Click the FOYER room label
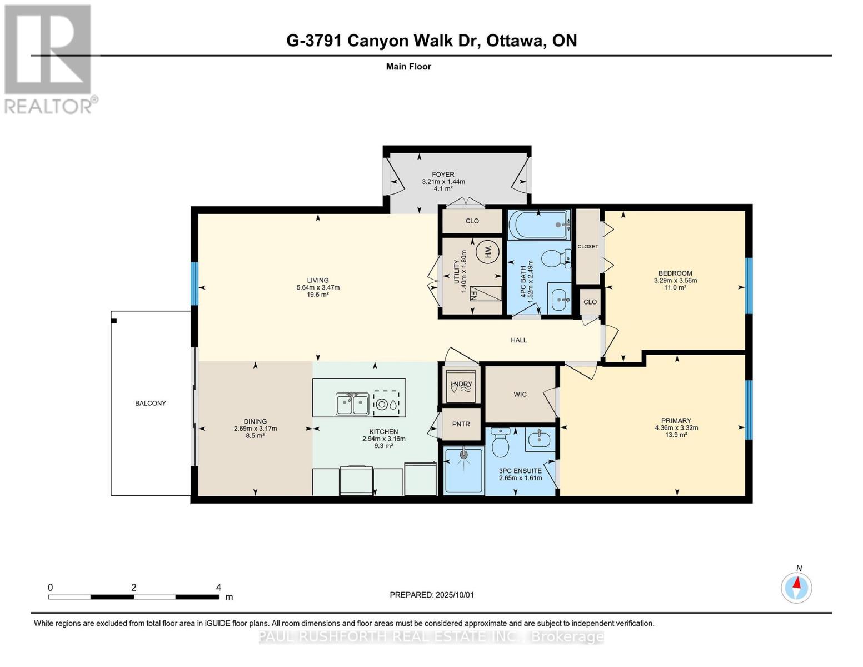pyautogui.click(x=443, y=175)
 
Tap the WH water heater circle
pyautogui.click(x=487, y=252)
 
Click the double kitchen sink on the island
pyautogui.click(x=352, y=403)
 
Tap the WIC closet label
pyautogui.click(x=520, y=394)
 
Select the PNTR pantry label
pyautogui.click(x=461, y=424)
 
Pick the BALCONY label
pyautogui.click(x=151, y=403)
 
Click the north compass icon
pyautogui.click(x=797, y=587)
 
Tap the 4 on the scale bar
pyautogui.click(x=218, y=588)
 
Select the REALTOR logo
pyautogui.click(x=48, y=58)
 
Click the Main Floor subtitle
pyautogui.click(x=408, y=67)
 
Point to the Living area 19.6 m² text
pyautogui.click(x=318, y=295)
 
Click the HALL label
pyautogui.click(x=518, y=340)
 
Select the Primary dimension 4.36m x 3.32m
pyautogui.click(x=676, y=428)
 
